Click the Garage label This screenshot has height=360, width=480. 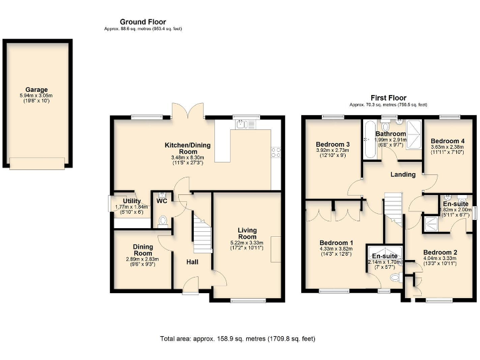[36, 90]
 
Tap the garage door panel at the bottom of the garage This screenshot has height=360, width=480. [37, 163]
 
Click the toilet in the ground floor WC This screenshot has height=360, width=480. [162, 221]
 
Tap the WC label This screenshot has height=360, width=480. [161, 201]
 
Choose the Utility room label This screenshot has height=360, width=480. [132, 201]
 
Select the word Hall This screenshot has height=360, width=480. [192, 261]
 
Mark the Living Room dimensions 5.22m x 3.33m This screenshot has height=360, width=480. [247, 243]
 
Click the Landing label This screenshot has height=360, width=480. [403, 174]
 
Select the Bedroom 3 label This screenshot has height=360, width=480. [332, 144]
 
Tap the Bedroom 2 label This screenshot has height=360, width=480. [440, 252]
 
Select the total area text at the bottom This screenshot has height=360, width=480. [238, 338]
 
